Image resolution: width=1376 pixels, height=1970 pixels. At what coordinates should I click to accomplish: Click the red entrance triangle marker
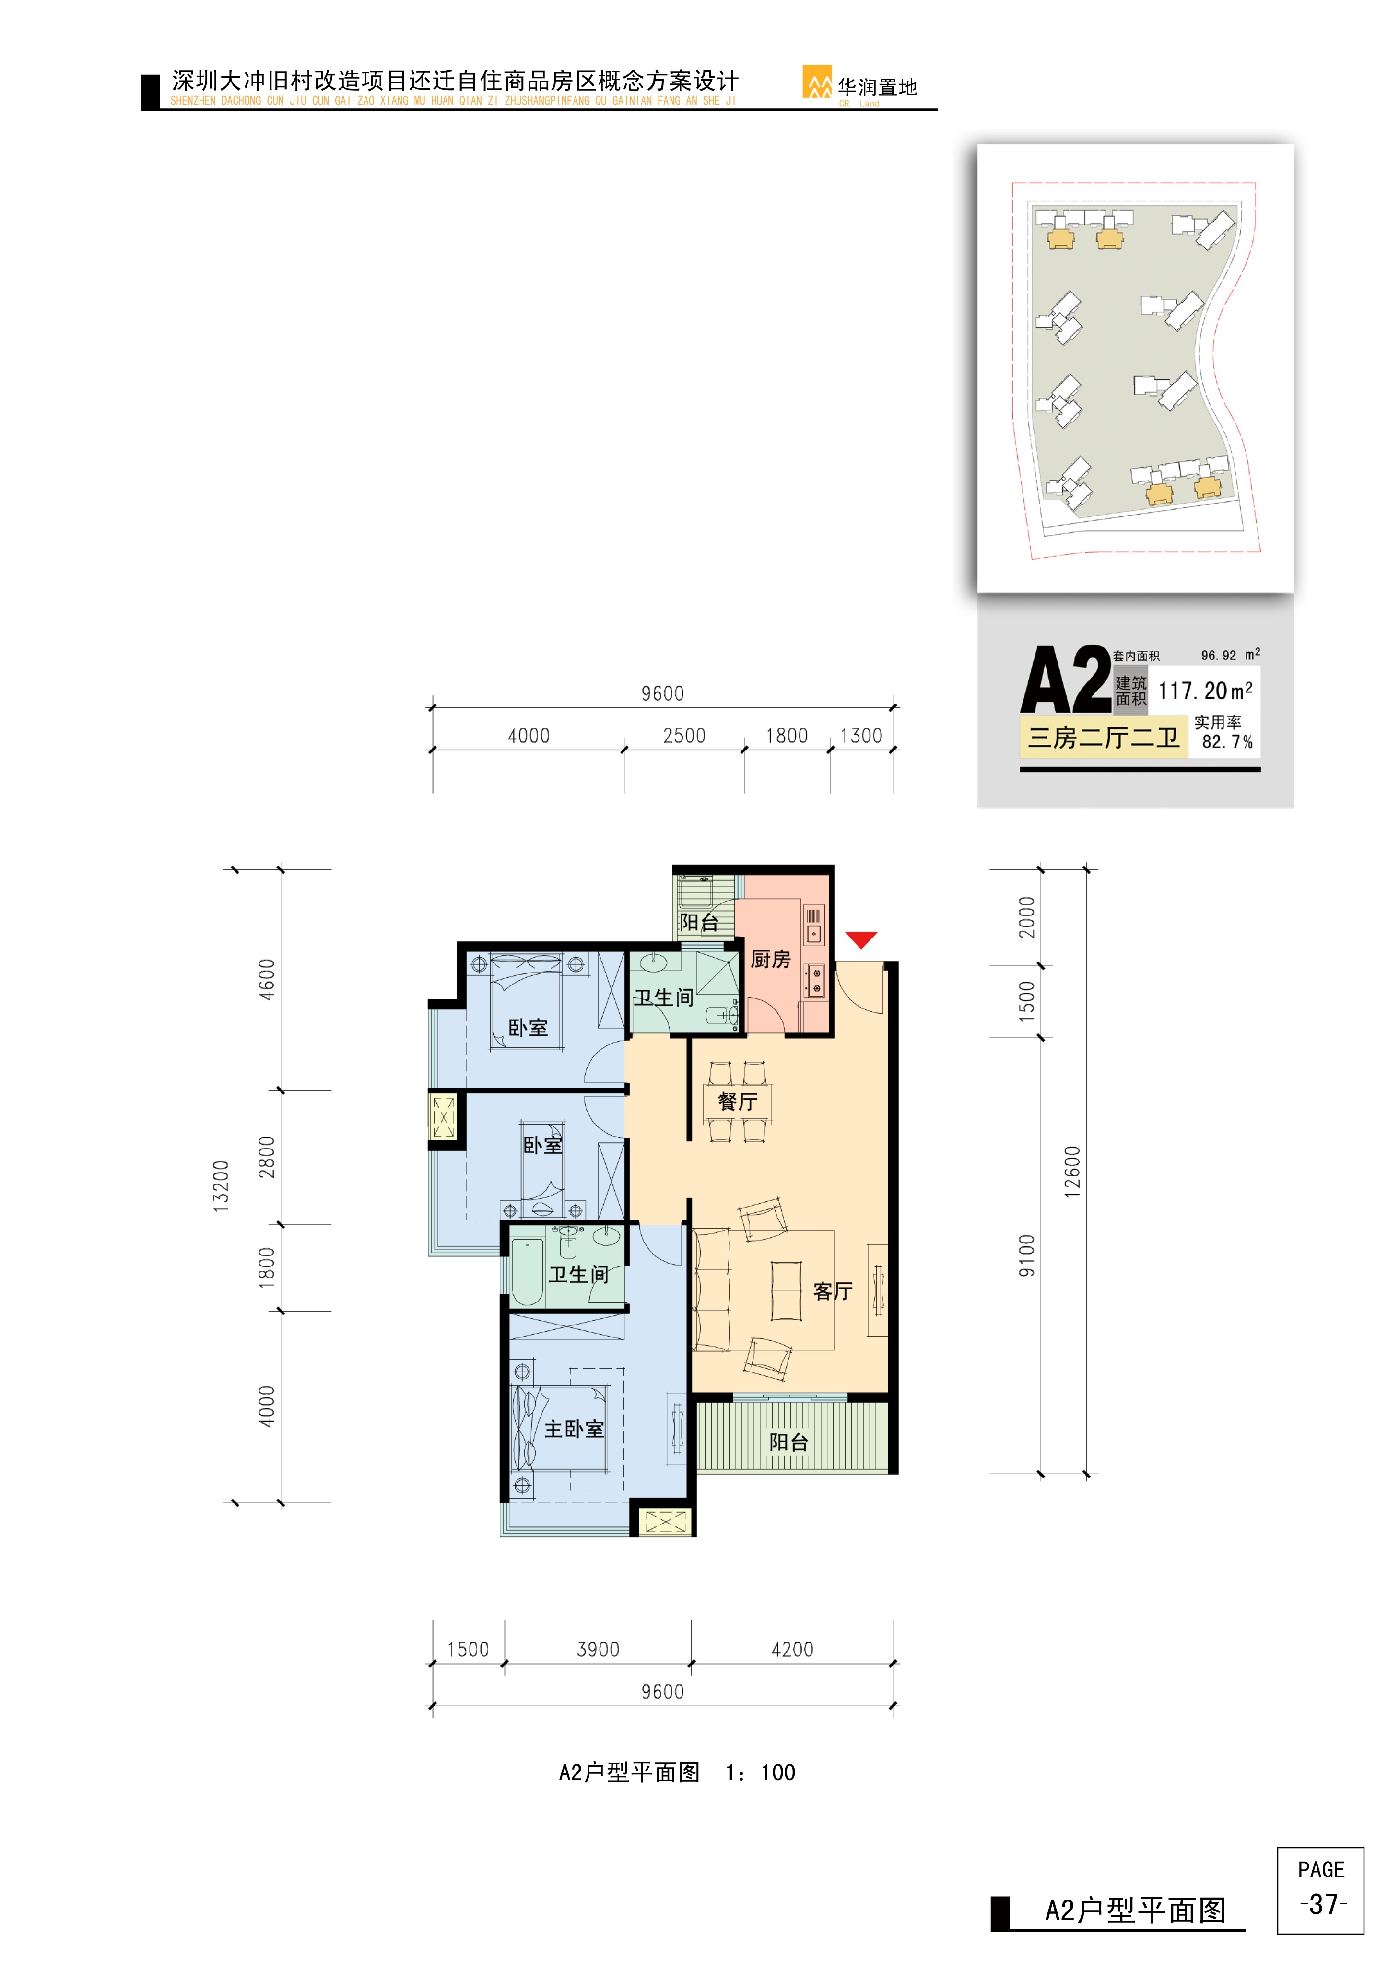861,939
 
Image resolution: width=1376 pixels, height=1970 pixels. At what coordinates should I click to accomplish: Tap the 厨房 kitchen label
770,959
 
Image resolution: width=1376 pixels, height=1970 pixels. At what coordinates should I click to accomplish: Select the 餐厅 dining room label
738,1101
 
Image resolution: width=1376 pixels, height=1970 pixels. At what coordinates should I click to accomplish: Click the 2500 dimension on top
684,735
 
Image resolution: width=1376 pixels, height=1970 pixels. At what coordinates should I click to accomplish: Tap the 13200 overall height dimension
221,1186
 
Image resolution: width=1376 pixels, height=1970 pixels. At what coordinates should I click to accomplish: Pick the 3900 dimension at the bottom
598,1649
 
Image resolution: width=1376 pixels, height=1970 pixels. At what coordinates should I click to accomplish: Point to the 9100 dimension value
1027,1255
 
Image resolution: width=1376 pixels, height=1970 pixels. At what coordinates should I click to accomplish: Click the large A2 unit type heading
1066,680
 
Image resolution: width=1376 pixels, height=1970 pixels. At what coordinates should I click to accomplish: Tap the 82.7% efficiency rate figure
1227,741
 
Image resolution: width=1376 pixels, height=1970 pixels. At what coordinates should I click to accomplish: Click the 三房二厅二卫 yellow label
1103,738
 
